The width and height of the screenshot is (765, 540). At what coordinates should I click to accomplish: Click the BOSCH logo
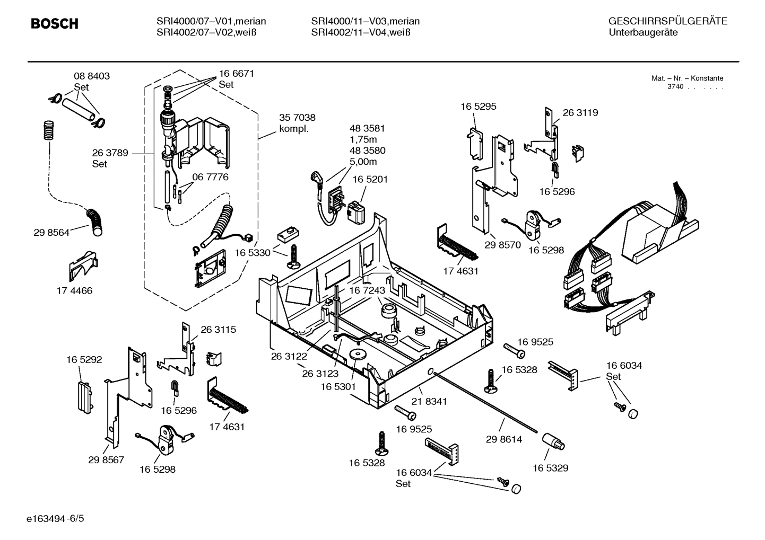54,24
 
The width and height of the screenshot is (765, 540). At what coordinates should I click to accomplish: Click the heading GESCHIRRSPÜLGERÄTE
667,21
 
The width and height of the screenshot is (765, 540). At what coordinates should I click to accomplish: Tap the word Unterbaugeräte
643,32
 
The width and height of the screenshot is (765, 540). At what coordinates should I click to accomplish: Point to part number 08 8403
91,76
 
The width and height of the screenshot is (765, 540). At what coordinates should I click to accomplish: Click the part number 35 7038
297,118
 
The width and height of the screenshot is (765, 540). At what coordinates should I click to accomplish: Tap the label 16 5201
370,180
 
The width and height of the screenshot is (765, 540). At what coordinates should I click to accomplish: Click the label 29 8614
503,439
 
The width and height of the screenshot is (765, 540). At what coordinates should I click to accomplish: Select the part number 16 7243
367,290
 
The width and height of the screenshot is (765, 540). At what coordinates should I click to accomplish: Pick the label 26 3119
580,113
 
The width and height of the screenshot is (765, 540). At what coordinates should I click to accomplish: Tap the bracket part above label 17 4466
82,265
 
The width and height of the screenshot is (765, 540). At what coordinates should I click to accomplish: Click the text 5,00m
363,162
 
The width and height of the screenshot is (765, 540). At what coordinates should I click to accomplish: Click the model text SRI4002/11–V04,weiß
361,32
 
